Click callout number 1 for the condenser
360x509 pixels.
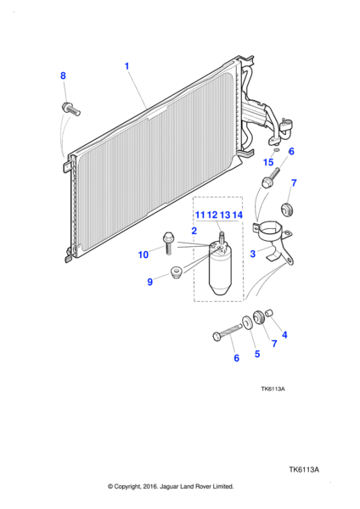pyautogui.click(x=127, y=66)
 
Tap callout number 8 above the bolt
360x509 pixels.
pyautogui.click(x=63, y=76)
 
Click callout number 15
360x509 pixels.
pyautogui.click(x=268, y=162)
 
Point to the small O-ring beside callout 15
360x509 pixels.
pyautogui.click(x=277, y=150)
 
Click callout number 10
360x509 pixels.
pyautogui.click(x=143, y=255)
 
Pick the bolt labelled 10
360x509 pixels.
pyautogui.click(x=168, y=243)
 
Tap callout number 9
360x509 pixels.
pyautogui.click(x=149, y=282)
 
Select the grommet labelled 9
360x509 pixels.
pyautogui.click(x=177, y=272)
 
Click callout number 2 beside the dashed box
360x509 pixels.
pyautogui.click(x=194, y=231)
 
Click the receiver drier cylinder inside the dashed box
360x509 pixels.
pyautogui.click(x=219, y=269)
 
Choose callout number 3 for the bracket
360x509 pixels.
pyautogui.click(x=253, y=254)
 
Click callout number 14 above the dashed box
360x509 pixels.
pyautogui.click(x=238, y=215)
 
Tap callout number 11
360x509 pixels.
pyautogui.click(x=200, y=215)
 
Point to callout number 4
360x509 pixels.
pyautogui.click(x=284, y=335)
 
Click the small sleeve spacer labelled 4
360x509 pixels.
pyautogui.click(x=269, y=313)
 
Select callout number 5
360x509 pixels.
pyautogui.click(x=257, y=354)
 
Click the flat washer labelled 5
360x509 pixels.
pyautogui.click(x=247, y=322)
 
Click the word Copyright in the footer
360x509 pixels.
pyautogui.click(x=127, y=487)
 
